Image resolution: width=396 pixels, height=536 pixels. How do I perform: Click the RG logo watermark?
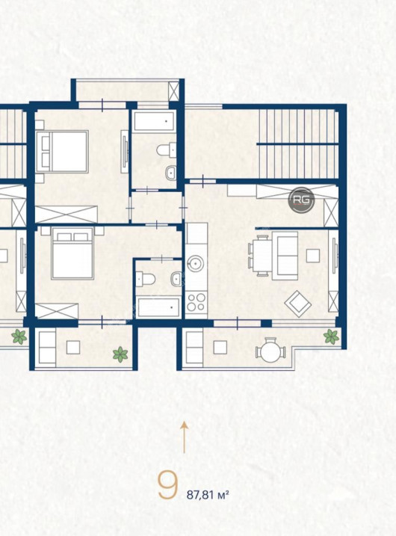pos(301,200)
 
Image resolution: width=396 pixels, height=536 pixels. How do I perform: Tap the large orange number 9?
pos(168,485)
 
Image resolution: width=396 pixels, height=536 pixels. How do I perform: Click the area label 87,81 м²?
pos(208,495)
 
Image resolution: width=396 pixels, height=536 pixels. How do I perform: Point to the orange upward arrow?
pos(185,437)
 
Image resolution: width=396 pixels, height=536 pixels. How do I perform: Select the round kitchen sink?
pos(196,264)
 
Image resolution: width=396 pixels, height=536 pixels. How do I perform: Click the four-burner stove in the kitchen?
pos(196,302)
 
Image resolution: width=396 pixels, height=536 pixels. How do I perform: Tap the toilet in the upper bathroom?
pos(167,150)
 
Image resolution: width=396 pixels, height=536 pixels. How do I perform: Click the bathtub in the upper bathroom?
pos(155,121)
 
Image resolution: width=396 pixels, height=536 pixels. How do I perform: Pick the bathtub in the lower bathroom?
pos(158,307)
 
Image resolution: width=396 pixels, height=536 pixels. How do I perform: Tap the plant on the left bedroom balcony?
pos(120,354)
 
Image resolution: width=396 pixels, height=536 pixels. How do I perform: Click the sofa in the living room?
pos(285,256)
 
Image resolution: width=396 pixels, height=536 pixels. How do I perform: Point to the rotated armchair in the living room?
pos(298,304)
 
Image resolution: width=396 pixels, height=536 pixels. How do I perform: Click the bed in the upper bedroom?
pos(62,151)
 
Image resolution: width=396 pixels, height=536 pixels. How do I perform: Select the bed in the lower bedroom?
pos(72,253)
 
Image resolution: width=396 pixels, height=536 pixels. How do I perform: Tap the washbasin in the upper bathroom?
pos(170,173)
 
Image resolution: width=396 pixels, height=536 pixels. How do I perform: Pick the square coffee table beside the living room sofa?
pos(312,256)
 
